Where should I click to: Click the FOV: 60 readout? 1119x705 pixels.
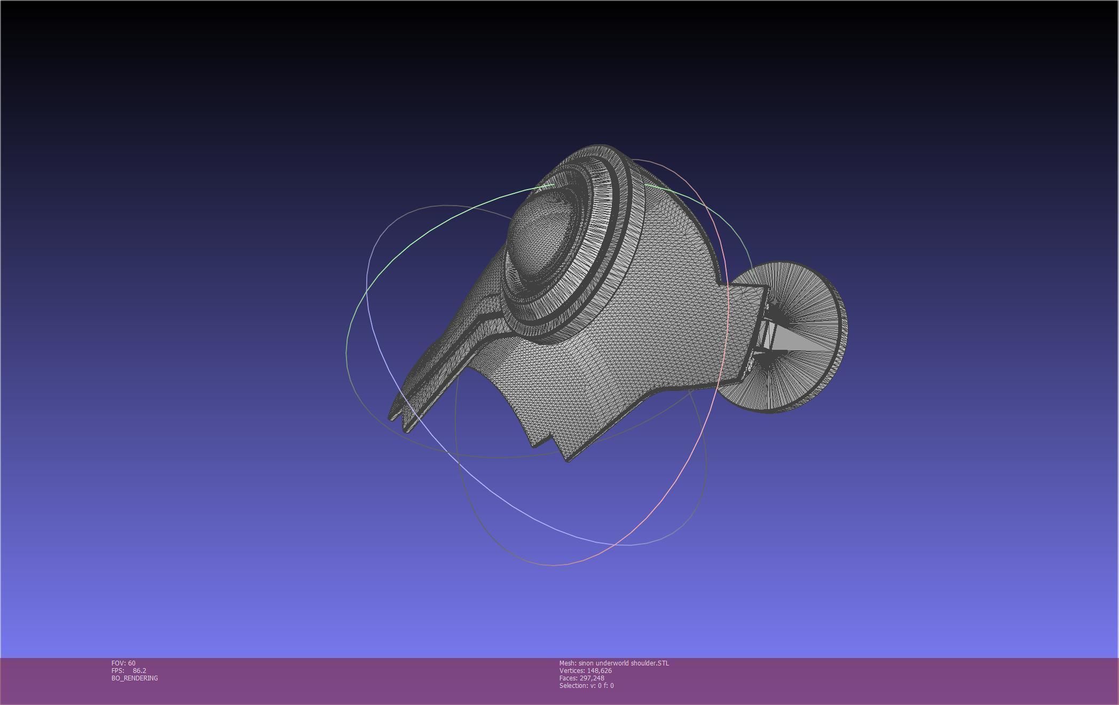click(x=123, y=663)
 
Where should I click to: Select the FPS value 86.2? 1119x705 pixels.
click(x=139, y=670)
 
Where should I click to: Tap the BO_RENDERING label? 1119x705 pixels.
click(x=135, y=678)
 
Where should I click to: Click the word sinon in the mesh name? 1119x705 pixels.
click(x=586, y=663)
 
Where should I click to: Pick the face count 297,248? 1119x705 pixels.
click(x=592, y=678)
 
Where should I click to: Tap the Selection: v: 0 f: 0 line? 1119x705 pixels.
click(x=586, y=685)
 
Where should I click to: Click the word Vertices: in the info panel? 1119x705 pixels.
click(x=572, y=670)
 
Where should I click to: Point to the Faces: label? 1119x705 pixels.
click(x=568, y=678)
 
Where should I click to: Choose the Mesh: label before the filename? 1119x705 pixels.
click(x=568, y=663)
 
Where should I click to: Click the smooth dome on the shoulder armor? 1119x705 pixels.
click(x=542, y=235)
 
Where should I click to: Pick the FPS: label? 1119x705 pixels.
click(x=117, y=670)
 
